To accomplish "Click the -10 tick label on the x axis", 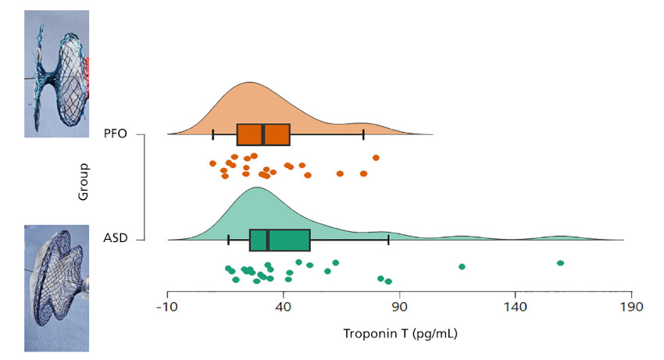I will pyautogui.click(x=167, y=307).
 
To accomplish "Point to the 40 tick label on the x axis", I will pyautogui.click(x=284, y=307).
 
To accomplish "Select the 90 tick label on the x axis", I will pyautogui.click(x=400, y=307).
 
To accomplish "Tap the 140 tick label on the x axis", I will pyautogui.click(x=516, y=307).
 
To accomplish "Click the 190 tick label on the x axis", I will pyautogui.click(x=631, y=307).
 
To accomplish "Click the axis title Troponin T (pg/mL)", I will pyautogui.click(x=400, y=333).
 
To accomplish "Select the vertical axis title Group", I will pyautogui.click(x=84, y=182).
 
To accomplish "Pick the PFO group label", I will pyautogui.click(x=116, y=134).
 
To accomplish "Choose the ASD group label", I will pyautogui.click(x=116, y=239).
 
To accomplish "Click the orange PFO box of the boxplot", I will pyautogui.click(x=263, y=134).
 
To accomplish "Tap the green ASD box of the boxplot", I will pyautogui.click(x=280, y=240).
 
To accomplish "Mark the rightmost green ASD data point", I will pyautogui.click(x=560, y=263).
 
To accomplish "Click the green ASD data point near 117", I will pyautogui.click(x=462, y=266).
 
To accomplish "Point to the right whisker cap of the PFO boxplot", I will pyautogui.click(x=363, y=134).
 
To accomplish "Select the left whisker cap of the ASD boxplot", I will pyautogui.click(x=228, y=240).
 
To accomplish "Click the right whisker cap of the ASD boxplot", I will pyautogui.click(x=388, y=240).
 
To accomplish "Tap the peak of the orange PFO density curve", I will pyautogui.click(x=249, y=83).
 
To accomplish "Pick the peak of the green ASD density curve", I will pyautogui.click(x=256, y=188).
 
